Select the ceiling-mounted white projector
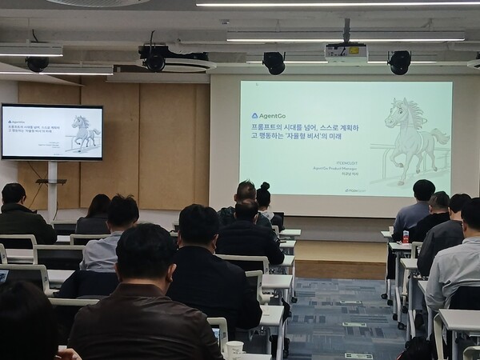(346, 53)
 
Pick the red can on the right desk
(406, 237)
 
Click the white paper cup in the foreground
(234, 350)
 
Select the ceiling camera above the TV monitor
(37, 64)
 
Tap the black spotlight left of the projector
(274, 62)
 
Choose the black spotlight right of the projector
(398, 62)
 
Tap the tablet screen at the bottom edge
(214, 334)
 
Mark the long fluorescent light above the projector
(344, 37)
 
